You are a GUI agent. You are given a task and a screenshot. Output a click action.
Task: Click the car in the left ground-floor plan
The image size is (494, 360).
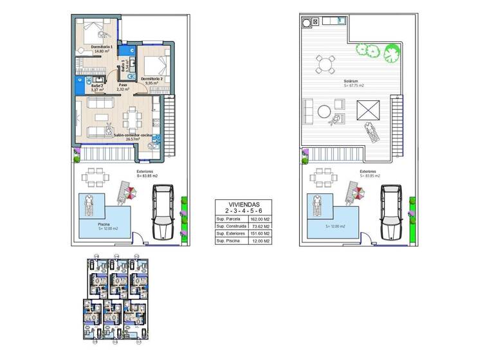(163, 212)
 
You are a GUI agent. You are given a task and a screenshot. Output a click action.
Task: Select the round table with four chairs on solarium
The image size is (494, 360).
(325, 64)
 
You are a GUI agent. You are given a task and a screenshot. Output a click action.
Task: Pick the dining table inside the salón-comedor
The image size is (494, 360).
(134, 118)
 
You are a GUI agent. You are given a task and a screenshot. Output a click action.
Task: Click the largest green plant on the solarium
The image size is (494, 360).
(392, 53)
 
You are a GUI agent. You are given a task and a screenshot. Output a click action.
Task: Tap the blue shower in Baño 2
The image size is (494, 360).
(80, 81)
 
